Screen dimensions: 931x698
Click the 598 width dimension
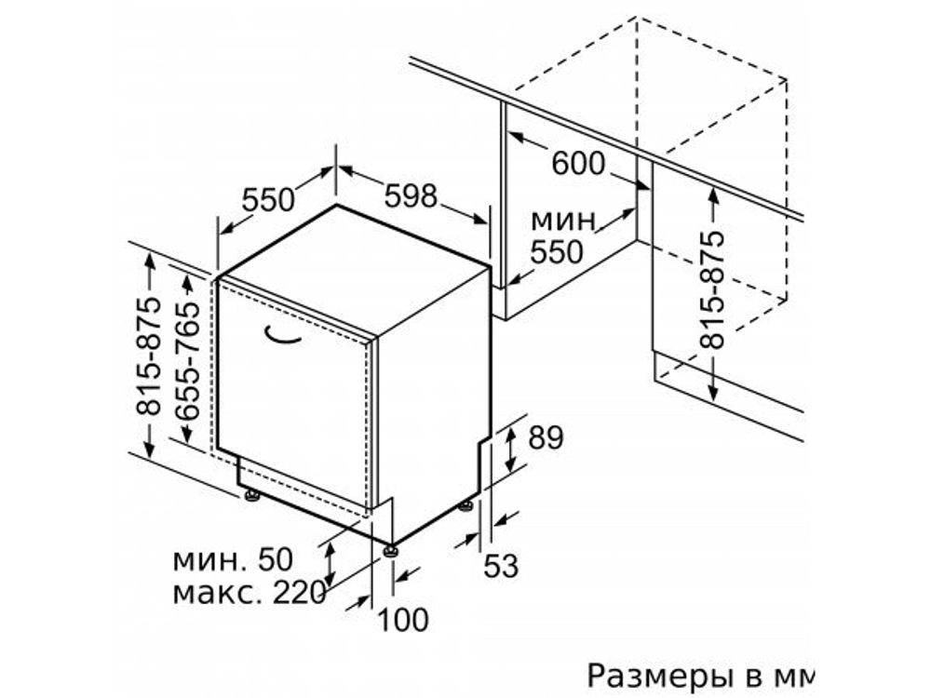pos(411,195)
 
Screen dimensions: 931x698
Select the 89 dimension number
pos(545,437)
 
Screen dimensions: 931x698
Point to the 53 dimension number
pos(500,565)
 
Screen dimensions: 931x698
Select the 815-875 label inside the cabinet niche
pos(712,289)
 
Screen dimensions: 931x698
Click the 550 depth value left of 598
pos(268,199)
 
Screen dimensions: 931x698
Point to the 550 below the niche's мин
pos(556,251)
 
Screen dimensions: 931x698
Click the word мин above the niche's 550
pos(562,221)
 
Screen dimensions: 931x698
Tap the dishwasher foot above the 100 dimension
pos(392,549)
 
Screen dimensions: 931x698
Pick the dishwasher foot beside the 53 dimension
pos(465,507)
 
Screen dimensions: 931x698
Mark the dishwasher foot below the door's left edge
pos(251,495)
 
